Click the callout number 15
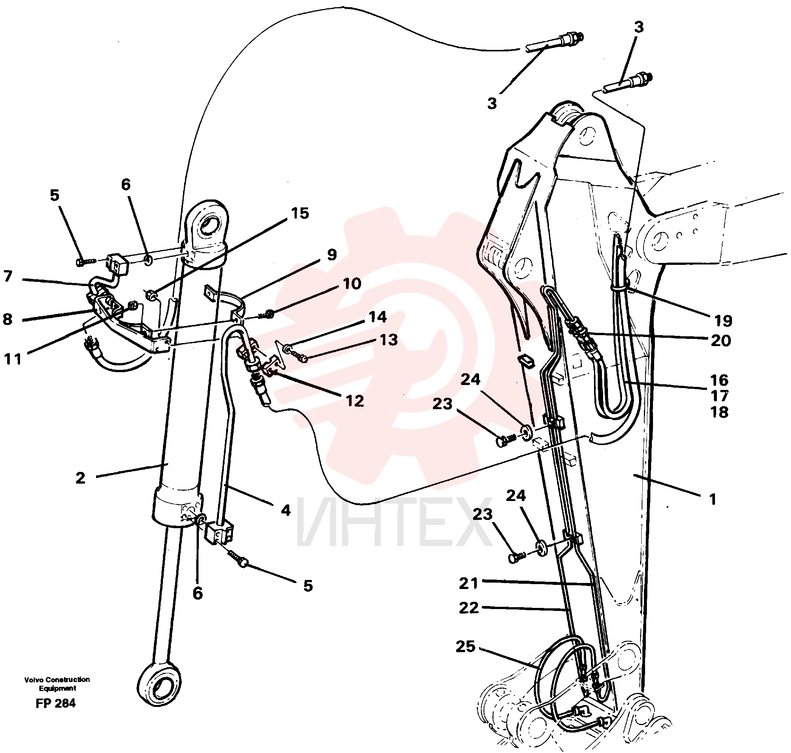point(300,213)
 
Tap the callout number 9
point(332,255)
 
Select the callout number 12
point(355,400)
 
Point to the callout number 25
point(465,646)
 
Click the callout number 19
point(723,321)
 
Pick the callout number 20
point(721,340)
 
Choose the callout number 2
point(80,478)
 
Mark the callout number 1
point(713,499)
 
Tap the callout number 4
point(285,510)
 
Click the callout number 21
point(468,583)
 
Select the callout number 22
point(469,608)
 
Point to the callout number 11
point(12,359)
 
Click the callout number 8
point(8,319)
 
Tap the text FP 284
point(56,703)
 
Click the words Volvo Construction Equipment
point(57,684)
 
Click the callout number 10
point(352,284)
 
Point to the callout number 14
point(378,317)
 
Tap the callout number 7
point(8,276)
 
